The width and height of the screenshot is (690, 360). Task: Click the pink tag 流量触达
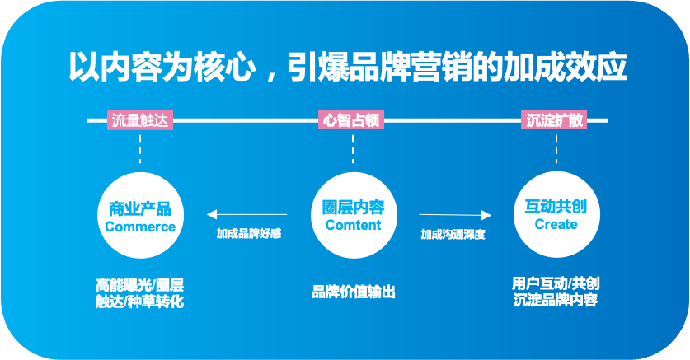click(x=140, y=119)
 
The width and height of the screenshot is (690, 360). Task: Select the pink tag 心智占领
click(x=353, y=119)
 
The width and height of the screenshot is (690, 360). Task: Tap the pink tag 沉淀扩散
click(x=556, y=119)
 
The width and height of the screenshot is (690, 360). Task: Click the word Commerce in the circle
click(x=140, y=227)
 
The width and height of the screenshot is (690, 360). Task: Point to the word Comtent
click(x=353, y=225)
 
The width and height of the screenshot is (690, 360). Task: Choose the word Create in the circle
click(x=556, y=224)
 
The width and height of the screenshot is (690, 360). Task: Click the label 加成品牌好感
click(x=249, y=233)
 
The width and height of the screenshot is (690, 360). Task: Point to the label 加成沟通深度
click(x=453, y=234)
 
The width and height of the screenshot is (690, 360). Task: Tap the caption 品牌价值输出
click(x=354, y=292)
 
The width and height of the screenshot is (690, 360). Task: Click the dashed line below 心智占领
click(x=353, y=148)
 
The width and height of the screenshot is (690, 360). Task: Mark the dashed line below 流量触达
click(x=140, y=148)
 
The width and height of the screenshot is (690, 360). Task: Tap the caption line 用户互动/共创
click(x=555, y=284)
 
